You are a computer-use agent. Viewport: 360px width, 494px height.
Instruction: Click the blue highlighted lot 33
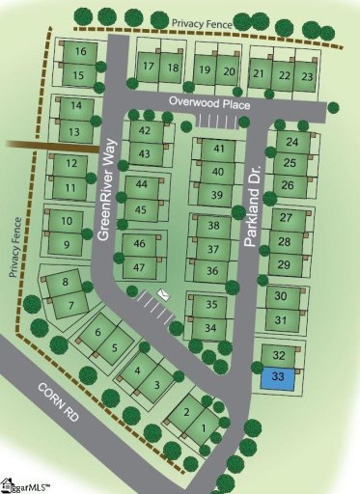[278, 375]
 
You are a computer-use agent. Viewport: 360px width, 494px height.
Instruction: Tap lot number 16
[79, 52]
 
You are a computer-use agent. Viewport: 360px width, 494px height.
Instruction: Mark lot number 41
[218, 149]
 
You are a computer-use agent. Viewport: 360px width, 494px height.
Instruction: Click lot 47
[140, 266]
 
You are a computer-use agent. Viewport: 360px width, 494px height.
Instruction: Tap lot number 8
[65, 282]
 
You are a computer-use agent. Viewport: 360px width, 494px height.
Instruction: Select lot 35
[211, 304]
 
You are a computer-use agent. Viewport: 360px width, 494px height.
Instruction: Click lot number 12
[70, 163]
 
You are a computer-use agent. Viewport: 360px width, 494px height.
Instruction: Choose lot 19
[204, 70]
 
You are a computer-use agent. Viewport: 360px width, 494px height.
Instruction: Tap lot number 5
[115, 347]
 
